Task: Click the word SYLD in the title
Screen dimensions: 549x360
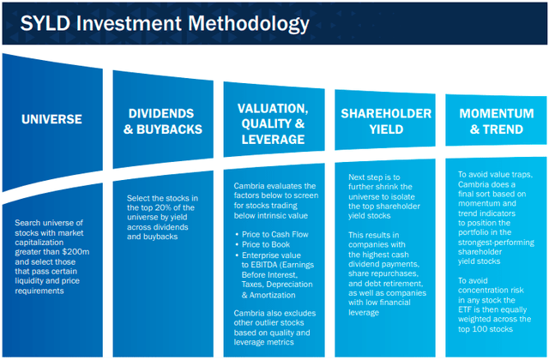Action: (x=45, y=23)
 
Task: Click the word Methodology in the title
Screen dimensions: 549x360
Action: (x=249, y=25)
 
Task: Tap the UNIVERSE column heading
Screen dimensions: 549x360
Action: (x=51, y=119)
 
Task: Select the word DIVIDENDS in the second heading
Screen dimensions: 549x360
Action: (x=161, y=113)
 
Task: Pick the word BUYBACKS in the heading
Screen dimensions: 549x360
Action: (x=170, y=129)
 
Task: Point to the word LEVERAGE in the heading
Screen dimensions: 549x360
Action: (x=273, y=140)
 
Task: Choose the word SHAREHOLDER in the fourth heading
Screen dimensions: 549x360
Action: (x=386, y=113)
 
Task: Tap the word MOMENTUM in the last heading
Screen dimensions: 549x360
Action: (x=497, y=113)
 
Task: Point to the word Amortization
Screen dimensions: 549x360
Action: (x=273, y=295)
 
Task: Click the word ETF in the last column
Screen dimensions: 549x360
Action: (x=465, y=309)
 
